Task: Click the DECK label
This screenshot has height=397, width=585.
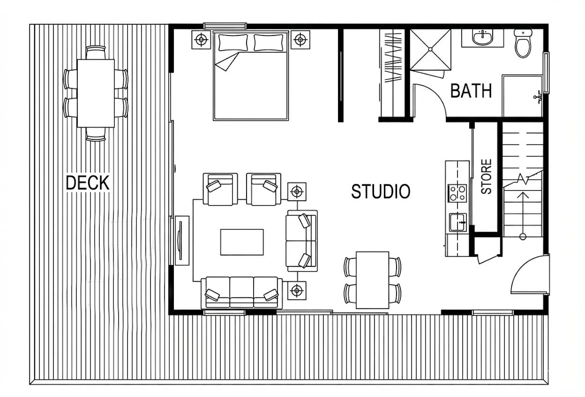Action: [x=87, y=182]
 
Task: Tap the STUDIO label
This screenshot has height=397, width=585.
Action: [x=381, y=192]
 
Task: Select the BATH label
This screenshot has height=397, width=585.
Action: [x=471, y=91]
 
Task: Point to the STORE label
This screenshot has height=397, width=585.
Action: [x=486, y=177]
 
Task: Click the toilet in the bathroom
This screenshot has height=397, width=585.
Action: [x=523, y=43]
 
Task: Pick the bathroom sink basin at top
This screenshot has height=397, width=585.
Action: [x=482, y=38]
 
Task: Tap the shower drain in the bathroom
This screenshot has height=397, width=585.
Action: [x=430, y=49]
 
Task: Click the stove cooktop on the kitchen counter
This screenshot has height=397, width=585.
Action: [x=457, y=193]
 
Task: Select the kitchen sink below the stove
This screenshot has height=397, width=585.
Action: [x=458, y=223]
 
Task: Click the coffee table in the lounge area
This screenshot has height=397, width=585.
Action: [x=242, y=242]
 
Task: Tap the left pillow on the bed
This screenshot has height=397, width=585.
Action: [x=233, y=43]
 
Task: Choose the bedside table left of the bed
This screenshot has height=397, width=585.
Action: [x=201, y=40]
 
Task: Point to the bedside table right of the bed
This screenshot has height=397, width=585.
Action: [x=300, y=40]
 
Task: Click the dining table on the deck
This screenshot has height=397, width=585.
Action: [x=96, y=94]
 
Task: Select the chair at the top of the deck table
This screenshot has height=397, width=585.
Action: [x=96, y=53]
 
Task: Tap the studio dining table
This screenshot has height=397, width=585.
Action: [x=372, y=280]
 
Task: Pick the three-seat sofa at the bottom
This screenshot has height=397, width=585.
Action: [x=242, y=293]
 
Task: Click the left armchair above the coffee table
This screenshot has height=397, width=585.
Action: [x=221, y=189]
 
